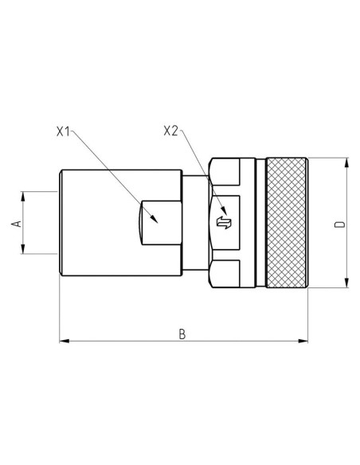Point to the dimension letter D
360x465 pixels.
(338, 225)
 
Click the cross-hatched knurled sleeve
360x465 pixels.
(286, 223)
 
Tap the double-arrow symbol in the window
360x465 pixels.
(225, 222)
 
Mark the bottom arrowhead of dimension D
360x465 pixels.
(347, 283)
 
